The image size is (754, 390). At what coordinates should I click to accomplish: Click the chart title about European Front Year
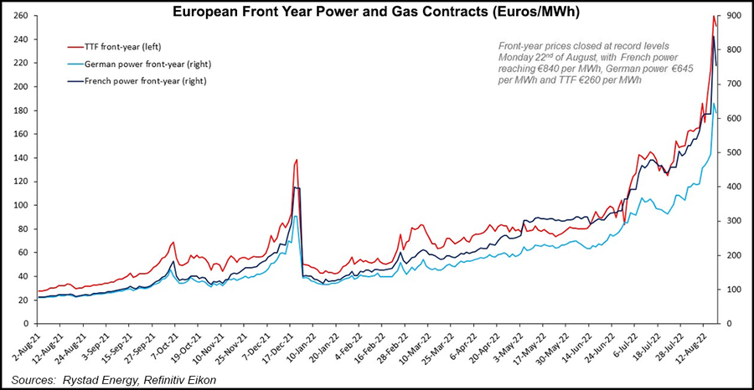pos(377,13)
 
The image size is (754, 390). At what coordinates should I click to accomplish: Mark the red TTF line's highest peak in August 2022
pos(713,16)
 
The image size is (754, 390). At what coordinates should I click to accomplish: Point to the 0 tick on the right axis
pos(730,323)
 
